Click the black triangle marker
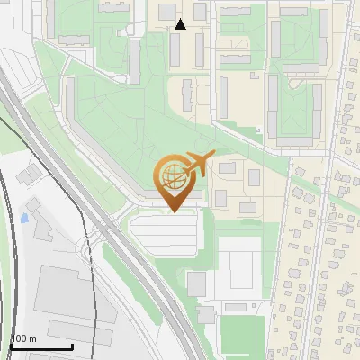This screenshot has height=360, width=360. click(181, 24)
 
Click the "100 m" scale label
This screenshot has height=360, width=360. click(23, 338)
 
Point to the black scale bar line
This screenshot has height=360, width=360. click(41, 346)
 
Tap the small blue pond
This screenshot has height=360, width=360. click(25, 217)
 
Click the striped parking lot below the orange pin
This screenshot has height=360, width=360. click(165, 235)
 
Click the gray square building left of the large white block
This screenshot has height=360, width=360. click(196, 283)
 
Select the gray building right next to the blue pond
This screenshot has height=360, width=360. click(40, 230)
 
